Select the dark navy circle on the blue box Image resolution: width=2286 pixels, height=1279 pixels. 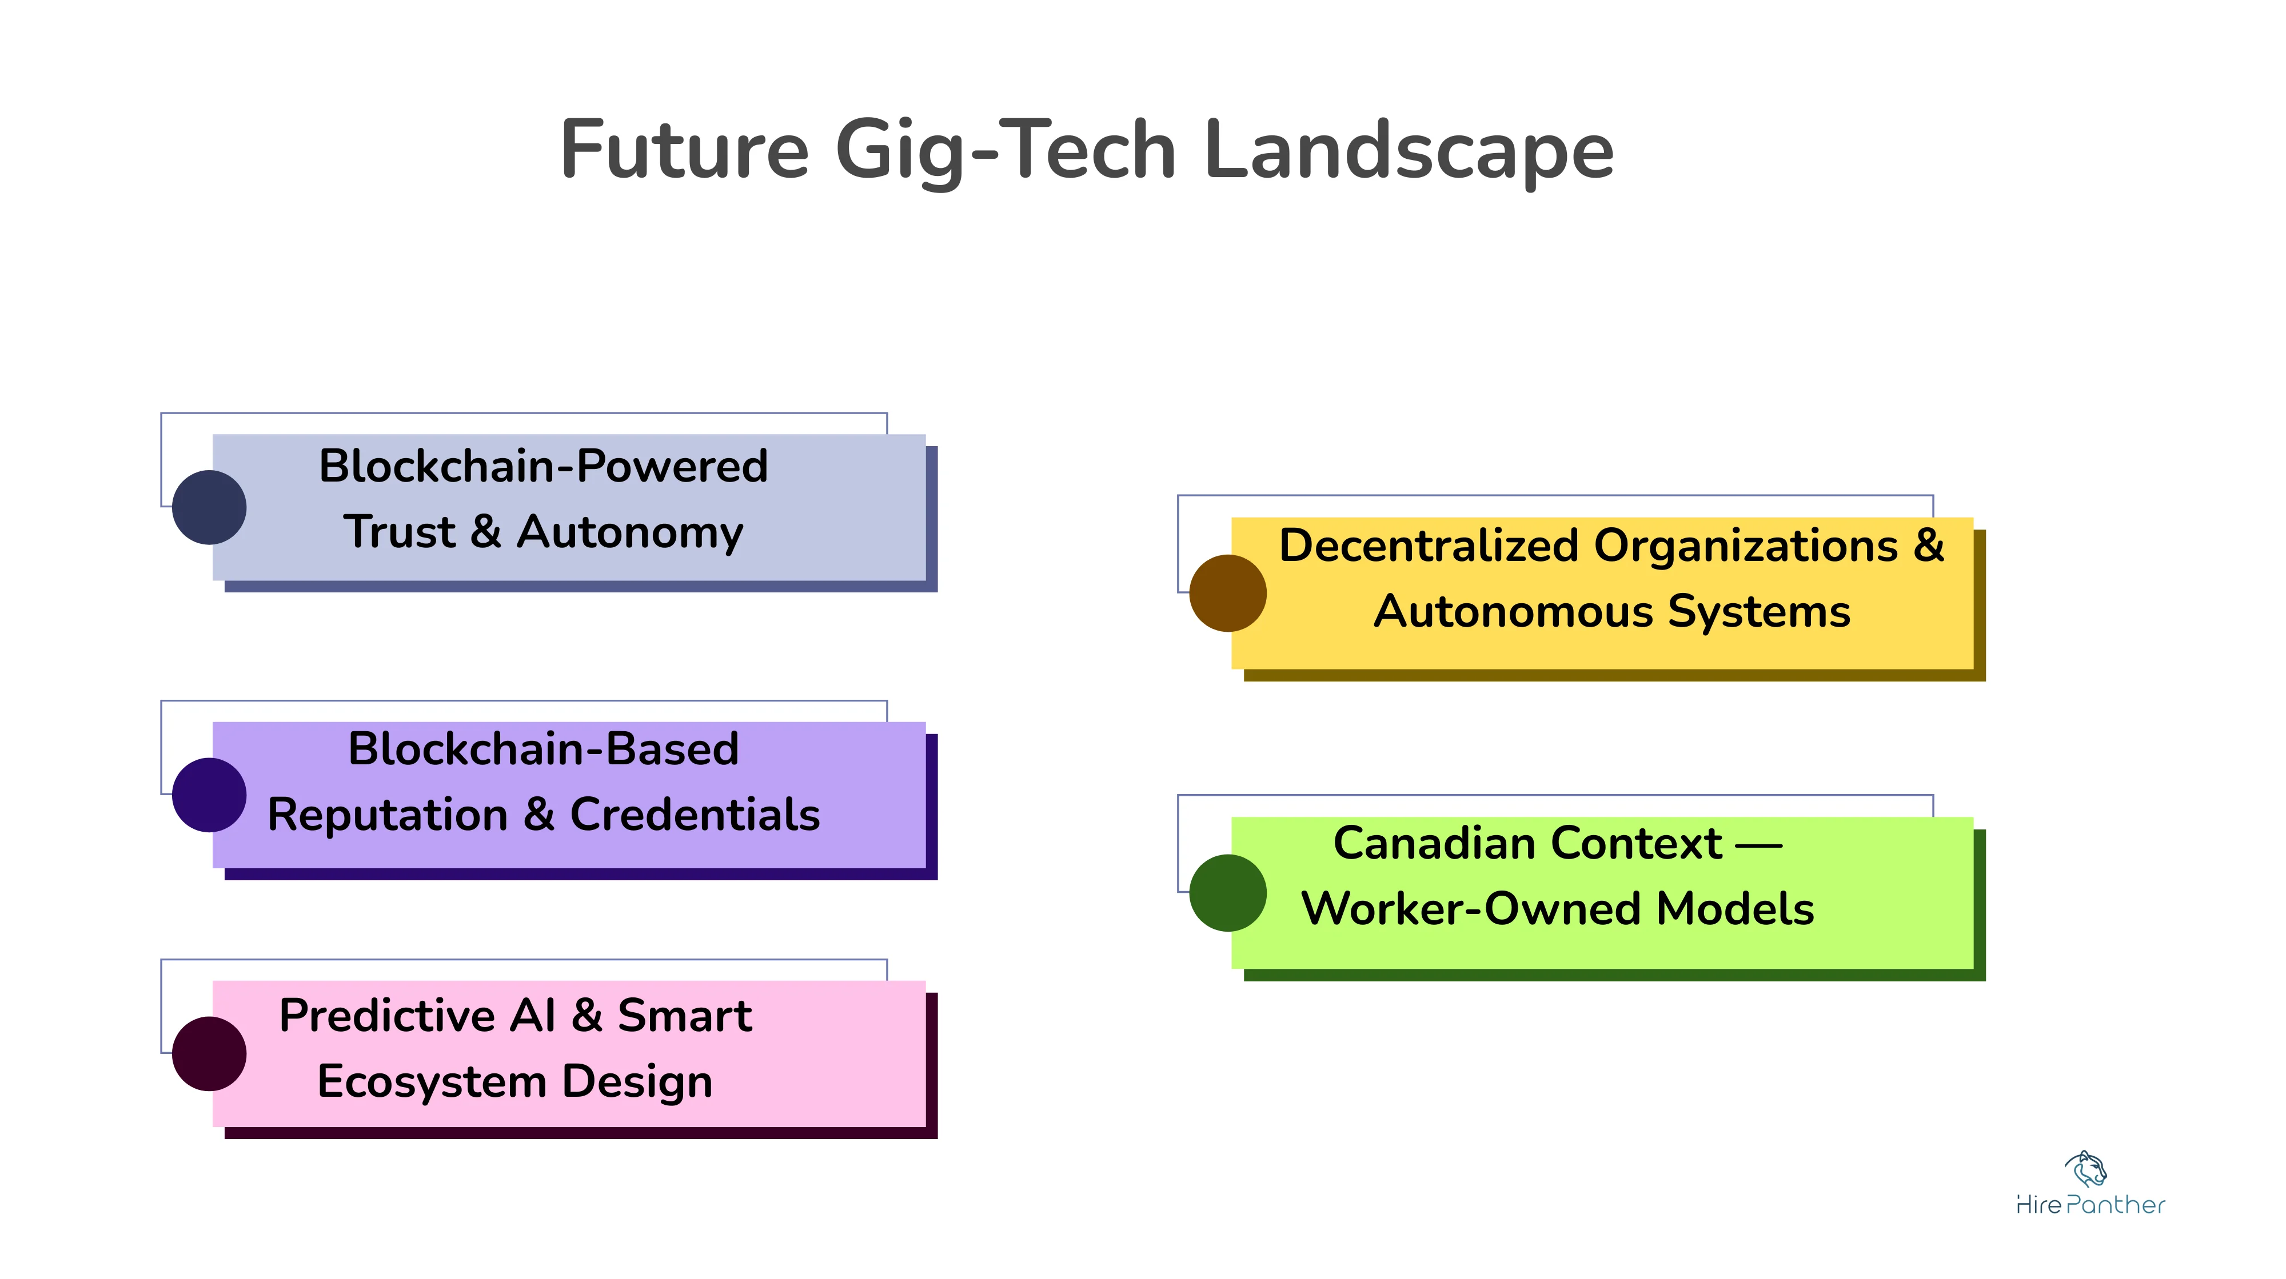click(x=209, y=507)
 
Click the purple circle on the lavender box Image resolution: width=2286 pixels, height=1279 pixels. click(x=209, y=795)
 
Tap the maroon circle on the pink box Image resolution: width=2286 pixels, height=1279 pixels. click(x=209, y=1054)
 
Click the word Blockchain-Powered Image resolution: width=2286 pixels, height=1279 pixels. click(x=543, y=467)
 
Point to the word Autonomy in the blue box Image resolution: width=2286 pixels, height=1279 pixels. click(x=630, y=532)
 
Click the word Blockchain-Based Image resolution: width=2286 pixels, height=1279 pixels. click(x=543, y=748)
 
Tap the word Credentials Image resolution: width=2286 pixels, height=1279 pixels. click(x=695, y=814)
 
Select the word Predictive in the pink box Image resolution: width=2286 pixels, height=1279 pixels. click(x=387, y=1016)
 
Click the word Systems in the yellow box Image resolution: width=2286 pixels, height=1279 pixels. click(x=1759, y=612)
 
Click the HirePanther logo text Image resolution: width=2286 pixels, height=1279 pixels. click(x=2090, y=1205)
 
